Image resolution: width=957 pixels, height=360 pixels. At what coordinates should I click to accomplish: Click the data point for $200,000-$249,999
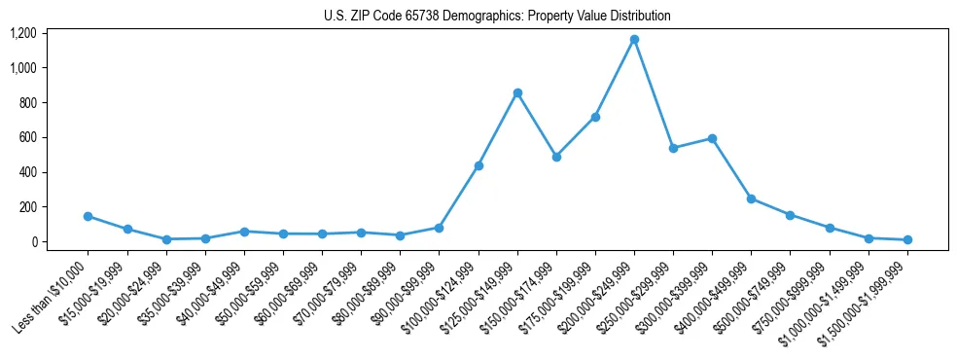[634, 40]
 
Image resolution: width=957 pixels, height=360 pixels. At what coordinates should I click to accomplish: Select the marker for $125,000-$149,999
[517, 92]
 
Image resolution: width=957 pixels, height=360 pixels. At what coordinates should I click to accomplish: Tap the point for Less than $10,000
[89, 216]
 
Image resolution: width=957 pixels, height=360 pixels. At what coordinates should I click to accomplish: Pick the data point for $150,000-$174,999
[556, 157]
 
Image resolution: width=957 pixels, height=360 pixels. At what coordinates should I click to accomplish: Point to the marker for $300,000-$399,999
[712, 138]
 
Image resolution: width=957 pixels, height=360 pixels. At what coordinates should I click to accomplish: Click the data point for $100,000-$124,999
[478, 165]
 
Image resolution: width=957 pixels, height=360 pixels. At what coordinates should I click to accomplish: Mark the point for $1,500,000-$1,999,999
[907, 239]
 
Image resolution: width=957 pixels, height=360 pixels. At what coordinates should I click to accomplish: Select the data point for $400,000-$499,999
[751, 198]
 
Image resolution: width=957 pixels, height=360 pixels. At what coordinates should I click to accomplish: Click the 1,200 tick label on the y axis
[22, 33]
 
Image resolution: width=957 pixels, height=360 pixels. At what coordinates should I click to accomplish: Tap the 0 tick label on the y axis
[33, 241]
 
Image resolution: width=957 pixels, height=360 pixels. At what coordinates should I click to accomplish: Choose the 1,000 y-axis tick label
[22, 68]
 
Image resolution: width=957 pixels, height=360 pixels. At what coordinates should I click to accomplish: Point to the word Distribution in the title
[637, 17]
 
